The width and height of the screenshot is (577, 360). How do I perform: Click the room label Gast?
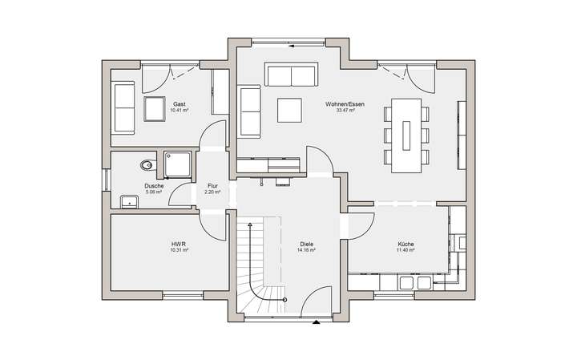(179, 104)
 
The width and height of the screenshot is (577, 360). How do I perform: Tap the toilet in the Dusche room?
(145, 165)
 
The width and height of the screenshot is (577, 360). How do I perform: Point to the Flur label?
(212, 186)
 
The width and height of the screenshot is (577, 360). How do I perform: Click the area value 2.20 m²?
(212, 192)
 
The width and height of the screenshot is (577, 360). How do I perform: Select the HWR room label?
(179, 244)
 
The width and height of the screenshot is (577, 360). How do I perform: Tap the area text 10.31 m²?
(179, 250)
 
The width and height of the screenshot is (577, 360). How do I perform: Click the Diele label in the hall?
(306, 244)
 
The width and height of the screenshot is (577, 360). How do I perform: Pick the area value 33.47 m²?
(345, 111)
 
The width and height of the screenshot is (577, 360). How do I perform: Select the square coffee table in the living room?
(289, 109)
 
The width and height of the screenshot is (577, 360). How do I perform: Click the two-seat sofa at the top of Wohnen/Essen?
(290, 75)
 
